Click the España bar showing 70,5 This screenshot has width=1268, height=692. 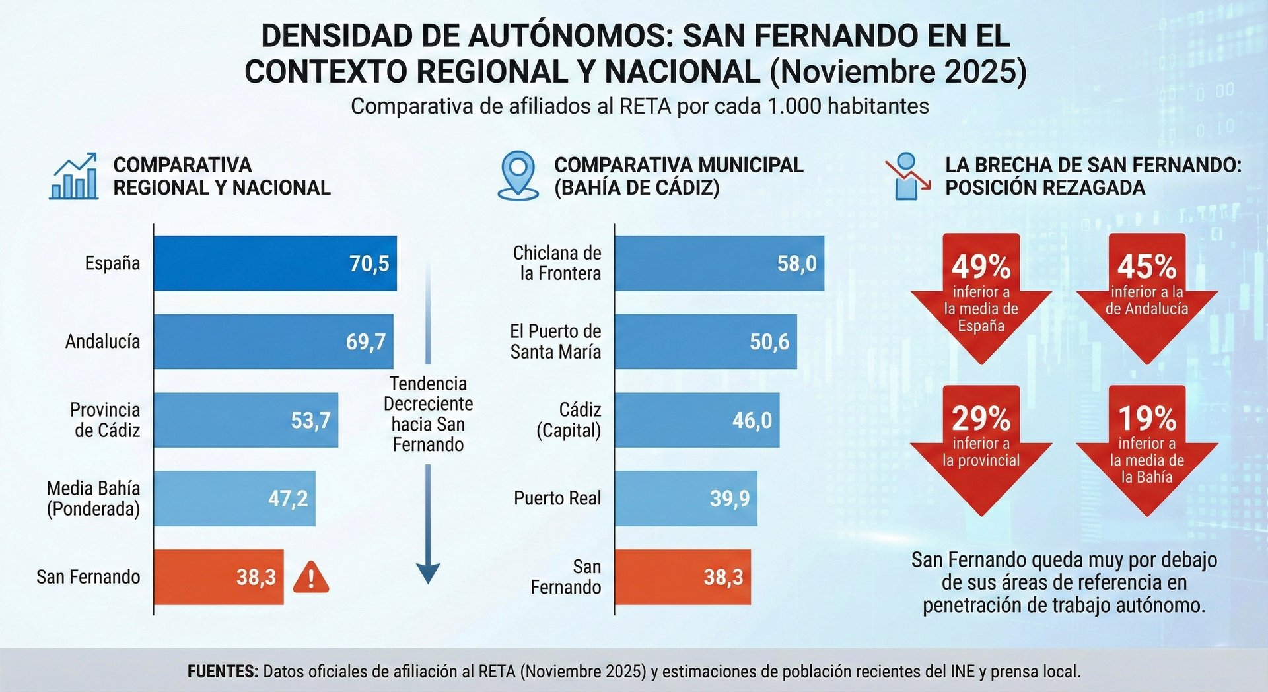pos(275,263)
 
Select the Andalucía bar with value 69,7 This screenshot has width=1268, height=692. pos(273,341)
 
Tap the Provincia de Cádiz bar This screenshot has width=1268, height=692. pos(246,420)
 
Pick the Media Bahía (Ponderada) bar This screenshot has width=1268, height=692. pos(234,499)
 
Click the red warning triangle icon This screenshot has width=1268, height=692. pos(310,578)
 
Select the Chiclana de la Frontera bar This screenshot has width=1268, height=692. pos(719,263)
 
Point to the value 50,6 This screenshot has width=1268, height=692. pos(769,341)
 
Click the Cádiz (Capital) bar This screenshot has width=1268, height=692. pos(697,420)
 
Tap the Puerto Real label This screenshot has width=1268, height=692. pos(557,499)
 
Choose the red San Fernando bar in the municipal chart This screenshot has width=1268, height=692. pos(682,577)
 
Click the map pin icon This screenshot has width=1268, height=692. pos(518,175)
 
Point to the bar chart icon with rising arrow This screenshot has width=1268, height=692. pos(74,176)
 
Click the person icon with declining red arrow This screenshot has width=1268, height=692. pos(907,176)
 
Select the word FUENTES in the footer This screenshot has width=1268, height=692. pos(223,672)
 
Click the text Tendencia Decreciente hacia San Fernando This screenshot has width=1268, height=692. pos(428,414)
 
